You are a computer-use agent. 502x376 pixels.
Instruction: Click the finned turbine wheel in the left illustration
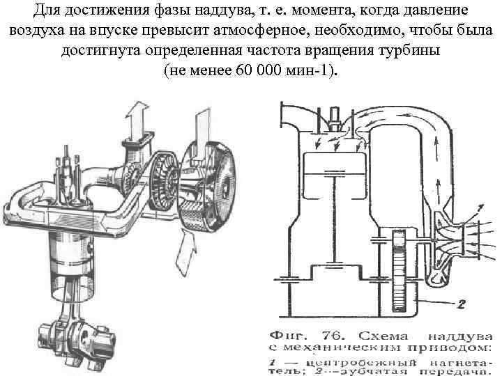click(167, 178)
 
